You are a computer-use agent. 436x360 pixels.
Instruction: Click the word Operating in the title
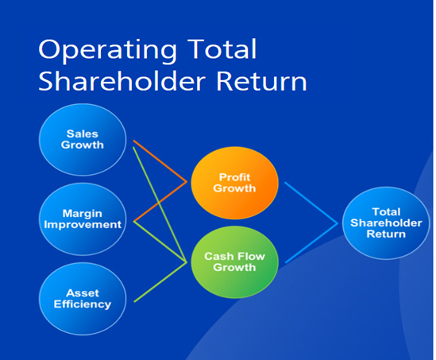pyautogui.click(x=108, y=50)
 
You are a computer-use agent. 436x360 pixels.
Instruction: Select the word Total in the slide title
pyautogui.click(x=222, y=48)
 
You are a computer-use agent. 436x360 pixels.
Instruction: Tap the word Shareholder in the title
pyautogui.click(x=122, y=80)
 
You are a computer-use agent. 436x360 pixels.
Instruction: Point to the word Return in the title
pyautogui.click(x=261, y=81)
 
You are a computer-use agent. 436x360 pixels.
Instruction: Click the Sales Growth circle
pyautogui.click(x=83, y=139)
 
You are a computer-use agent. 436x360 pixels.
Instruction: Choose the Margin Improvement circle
pyautogui.click(x=83, y=219)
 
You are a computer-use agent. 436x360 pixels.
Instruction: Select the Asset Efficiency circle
pyautogui.click(x=83, y=299)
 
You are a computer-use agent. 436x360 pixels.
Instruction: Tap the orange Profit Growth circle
pyautogui.click(x=235, y=183)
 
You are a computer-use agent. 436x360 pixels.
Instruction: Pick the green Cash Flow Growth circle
pyautogui.click(x=235, y=262)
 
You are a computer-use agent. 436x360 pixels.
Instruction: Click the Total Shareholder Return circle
pyautogui.click(x=386, y=223)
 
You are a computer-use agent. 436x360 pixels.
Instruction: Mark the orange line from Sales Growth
pyautogui.click(x=160, y=161)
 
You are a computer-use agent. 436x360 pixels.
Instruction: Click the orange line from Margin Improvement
pyautogui.click(x=160, y=202)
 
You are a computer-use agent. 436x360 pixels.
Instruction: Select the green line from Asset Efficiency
pyautogui.click(x=160, y=282)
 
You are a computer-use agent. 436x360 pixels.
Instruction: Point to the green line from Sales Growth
pyautogui.click(x=160, y=204)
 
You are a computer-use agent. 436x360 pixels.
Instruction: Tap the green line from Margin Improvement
pyautogui.click(x=160, y=242)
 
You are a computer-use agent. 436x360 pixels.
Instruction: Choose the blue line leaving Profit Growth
pyautogui.click(x=311, y=203)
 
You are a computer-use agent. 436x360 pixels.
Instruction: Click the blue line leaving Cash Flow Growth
pyautogui.click(x=311, y=243)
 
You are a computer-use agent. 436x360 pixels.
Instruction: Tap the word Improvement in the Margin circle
pyautogui.click(x=83, y=225)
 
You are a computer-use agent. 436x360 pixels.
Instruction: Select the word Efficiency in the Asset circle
pyautogui.click(x=83, y=304)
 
